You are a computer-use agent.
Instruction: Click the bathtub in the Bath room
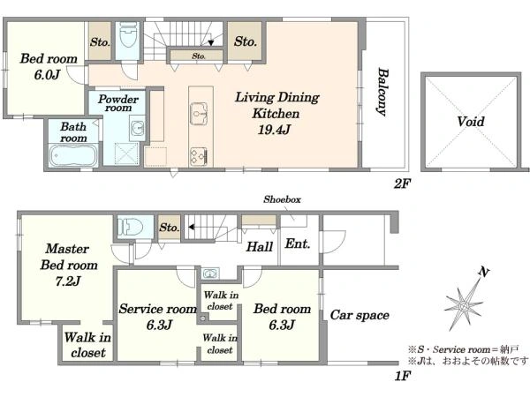coord(73,155)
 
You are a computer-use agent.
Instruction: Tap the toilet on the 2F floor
coord(128,35)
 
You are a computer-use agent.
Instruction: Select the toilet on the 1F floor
coord(131,227)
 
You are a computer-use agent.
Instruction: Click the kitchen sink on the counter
coord(199,113)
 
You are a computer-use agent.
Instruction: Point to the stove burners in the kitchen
coord(199,156)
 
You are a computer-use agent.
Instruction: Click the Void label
coord(471,122)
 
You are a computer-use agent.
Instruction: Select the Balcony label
coord(383,92)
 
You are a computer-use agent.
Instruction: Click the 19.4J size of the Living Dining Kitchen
coord(274,130)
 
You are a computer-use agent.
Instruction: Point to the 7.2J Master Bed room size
coord(68,281)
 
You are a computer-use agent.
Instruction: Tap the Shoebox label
coord(282,199)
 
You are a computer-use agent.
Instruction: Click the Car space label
coord(360,315)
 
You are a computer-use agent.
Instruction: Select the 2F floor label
coord(402,184)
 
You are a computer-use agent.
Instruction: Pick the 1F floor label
coord(403,376)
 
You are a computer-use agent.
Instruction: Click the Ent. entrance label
coord(298,243)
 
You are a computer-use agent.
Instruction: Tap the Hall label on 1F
coord(259,247)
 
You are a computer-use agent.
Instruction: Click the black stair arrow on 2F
coord(211,43)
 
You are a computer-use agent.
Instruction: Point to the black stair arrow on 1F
coord(191,227)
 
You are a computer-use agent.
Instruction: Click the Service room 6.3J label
coord(158,317)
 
